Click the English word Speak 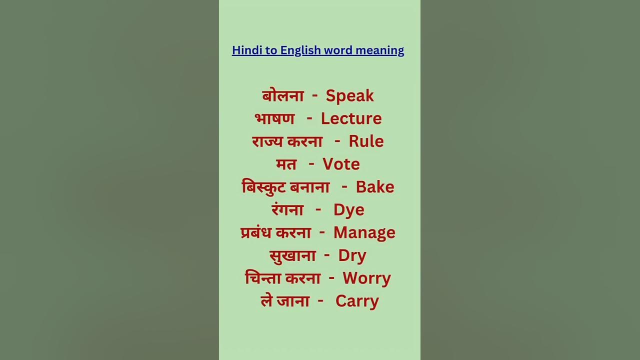pos(349,96)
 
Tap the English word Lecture pos(351,118)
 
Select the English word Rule pos(366,141)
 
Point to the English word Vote pos(341,164)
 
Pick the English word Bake pos(375,187)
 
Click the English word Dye pos(348,210)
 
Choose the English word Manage pos(364,232)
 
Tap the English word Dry pos(352,255)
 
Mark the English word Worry pos(366,278)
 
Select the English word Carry pos(357,301)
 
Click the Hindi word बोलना pos(283,95)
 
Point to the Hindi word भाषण pos(274,118)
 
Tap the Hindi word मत pos(286,164)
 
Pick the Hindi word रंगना pos(287,209)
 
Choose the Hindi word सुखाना pos(292,255)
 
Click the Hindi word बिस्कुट pos(263,187)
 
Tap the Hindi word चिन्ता pos(264,278)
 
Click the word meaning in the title pos(379,50)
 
